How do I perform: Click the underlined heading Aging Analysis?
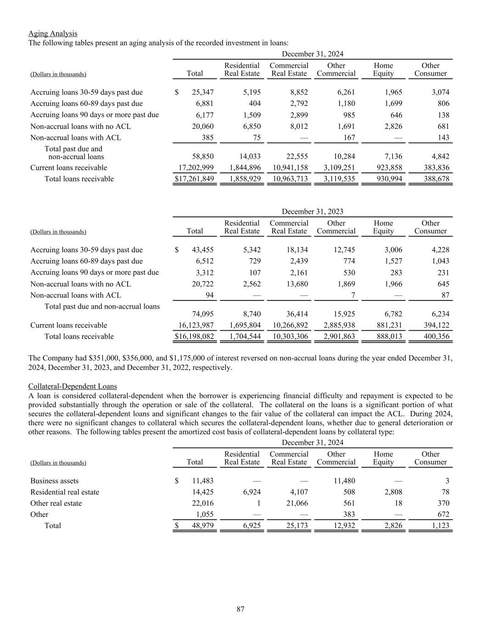pyautogui.click(x=53, y=33)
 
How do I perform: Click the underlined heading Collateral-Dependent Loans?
pyautogui.click(x=73, y=387)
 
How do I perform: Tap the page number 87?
pyautogui.click(x=240, y=609)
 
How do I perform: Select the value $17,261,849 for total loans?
pyautogui.click(x=194, y=179)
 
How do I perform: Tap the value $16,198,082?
pyautogui.click(x=194, y=337)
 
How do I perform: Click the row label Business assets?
pyautogui.click(x=54, y=481)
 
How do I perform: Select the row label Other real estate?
pyautogui.click(x=56, y=504)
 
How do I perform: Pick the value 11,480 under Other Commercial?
pyautogui.click(x=344, y=481)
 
